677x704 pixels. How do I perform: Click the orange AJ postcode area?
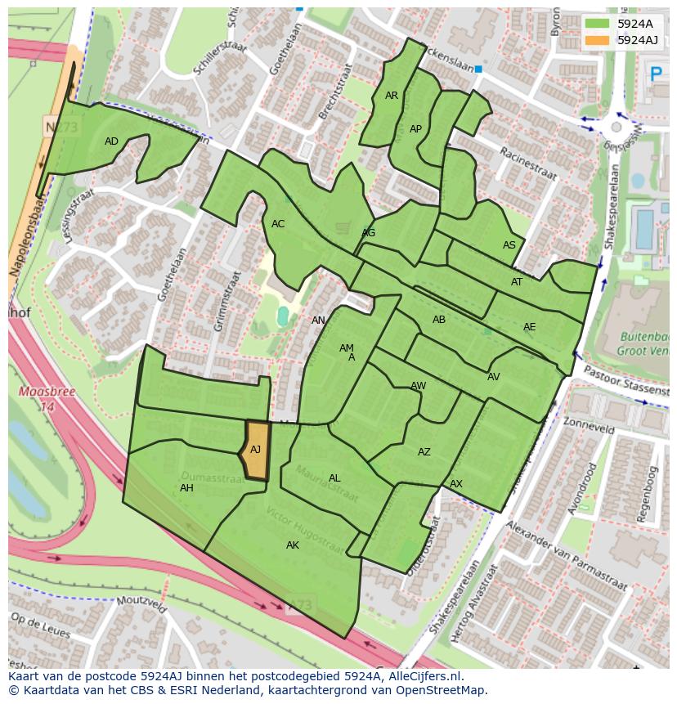257,450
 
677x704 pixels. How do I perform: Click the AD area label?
112,141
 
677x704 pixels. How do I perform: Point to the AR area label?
392,96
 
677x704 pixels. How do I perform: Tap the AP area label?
415,129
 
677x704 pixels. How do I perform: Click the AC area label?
278,224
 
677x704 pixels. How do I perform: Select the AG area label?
369,233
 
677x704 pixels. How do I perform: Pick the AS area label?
509,245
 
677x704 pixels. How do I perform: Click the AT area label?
517,282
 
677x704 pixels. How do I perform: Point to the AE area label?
530,327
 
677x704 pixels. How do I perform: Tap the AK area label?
293,545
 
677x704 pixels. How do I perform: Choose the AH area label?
186,488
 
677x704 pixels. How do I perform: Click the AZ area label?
424,452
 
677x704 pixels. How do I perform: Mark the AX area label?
456,484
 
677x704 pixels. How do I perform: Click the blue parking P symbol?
655,74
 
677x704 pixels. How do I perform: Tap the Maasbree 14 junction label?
36,399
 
